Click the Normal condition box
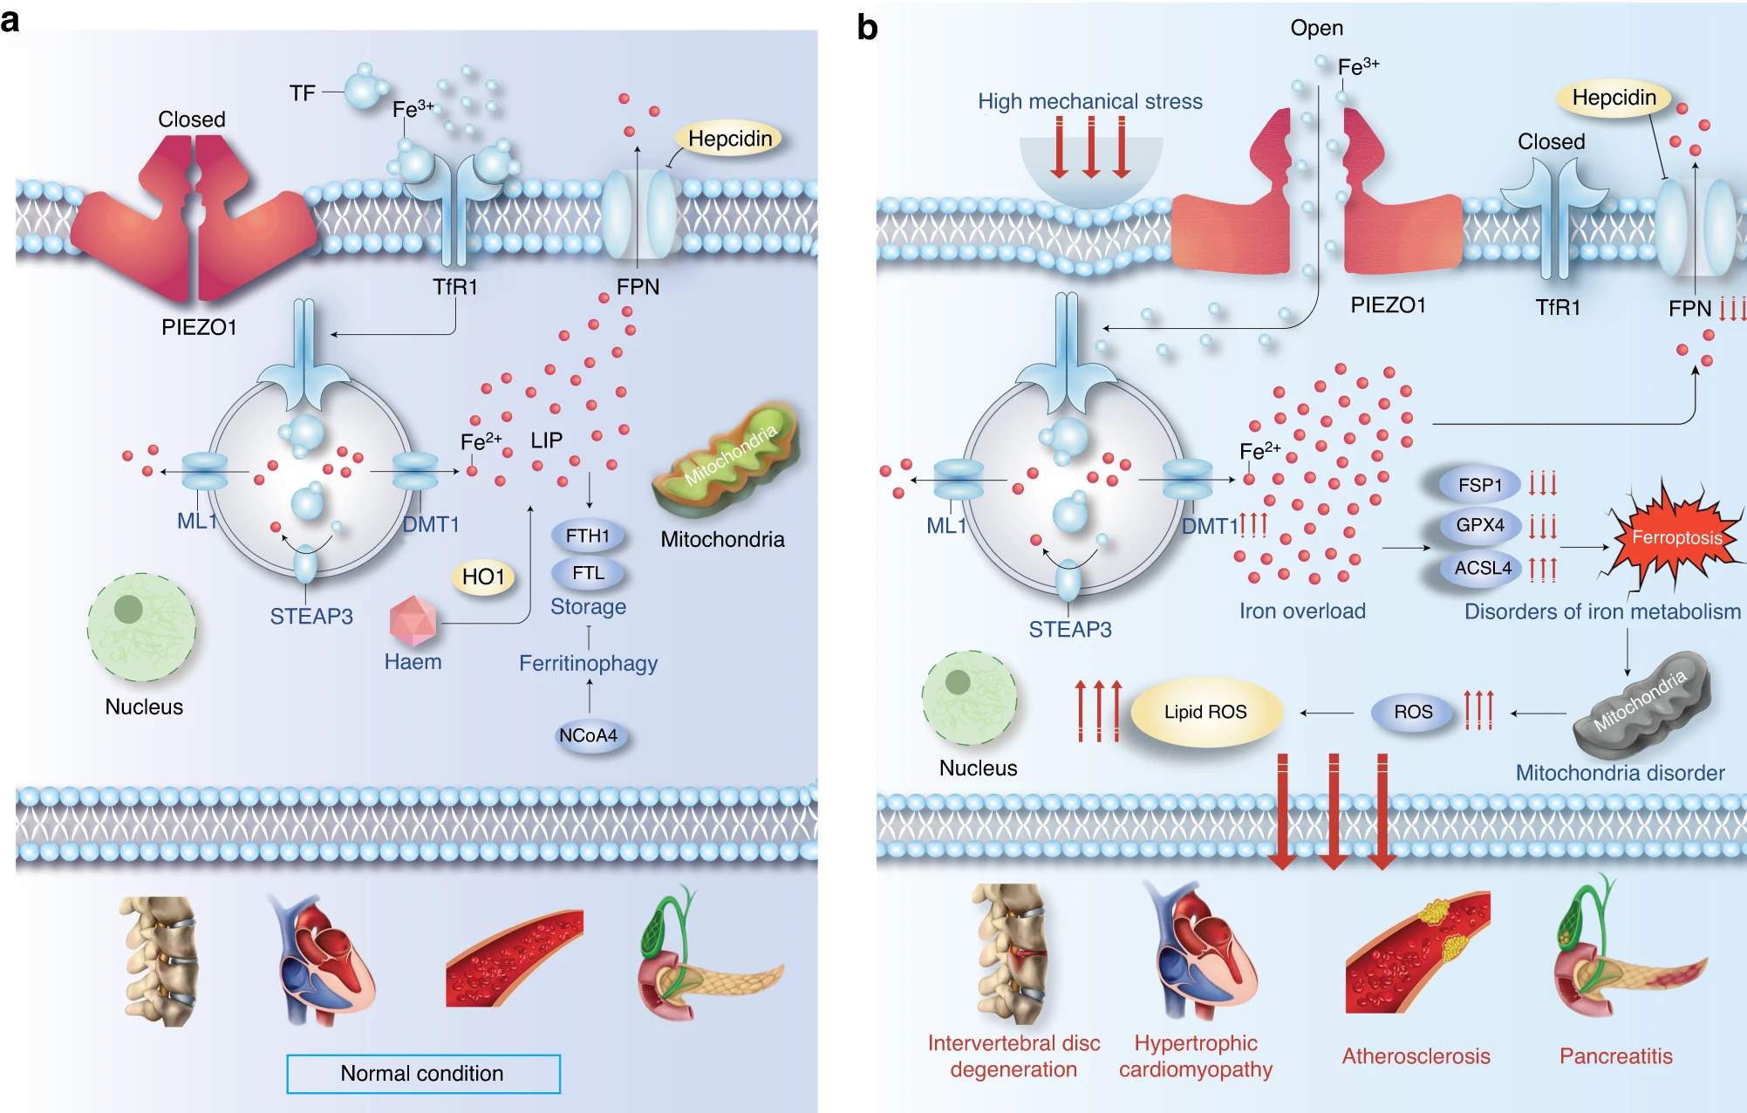pyautogui.click(x=423, y=1074)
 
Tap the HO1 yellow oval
pyautogui.click(x=483, y=577)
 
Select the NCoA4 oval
pyautogui.click(x=589, y=735)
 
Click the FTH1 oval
pyautogui.click(x=588, y=536)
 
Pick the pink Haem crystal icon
pyautogui.click(x=413, y=620)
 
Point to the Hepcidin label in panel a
pyautogui.click(x=730, y=139)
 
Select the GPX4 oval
pyautogui.click(x=1480, y=525)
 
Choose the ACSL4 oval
pyautogui.click(x=1482, y=568)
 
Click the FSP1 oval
pyautogui.click(x=1480, y=485)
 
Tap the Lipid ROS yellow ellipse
pyautogui.click(x=1205, y=713)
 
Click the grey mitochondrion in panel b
pyautogui.click(x=1641, y=702)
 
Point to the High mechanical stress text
pyautogui.click(x=1089, y=102)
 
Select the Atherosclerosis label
pyautogui.click(x=1416, y=1056)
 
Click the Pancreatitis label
pyautogui.click(x=1615, y=1056)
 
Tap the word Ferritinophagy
pyautogui.click(x=588, y=664)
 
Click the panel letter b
pyautogui.click(x=867, y=28)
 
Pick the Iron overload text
pyautogui.click(x=1302, y=611)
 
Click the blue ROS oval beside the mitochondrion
pyautogui.click(x=1413, y=712)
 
